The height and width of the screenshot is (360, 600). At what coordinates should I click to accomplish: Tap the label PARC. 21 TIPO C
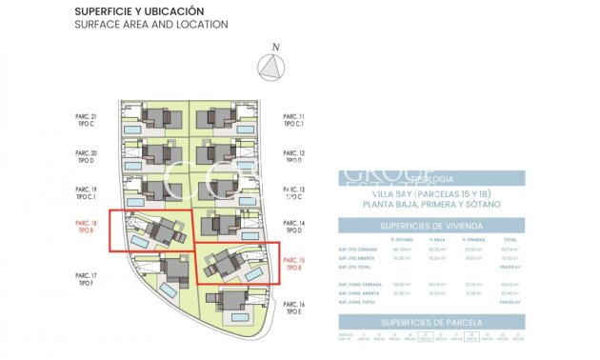(x=87, y=120)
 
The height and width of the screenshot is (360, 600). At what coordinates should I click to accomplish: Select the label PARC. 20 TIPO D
(x=87, y=156)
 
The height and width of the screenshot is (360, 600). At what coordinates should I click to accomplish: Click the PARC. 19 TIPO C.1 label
(x=87, y=192)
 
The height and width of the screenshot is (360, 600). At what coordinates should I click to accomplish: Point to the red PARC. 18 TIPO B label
(x=87, y=227)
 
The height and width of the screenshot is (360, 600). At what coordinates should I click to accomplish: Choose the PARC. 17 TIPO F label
(x=87, y=278)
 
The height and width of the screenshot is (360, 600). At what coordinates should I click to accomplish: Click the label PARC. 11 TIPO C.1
(x=294, y=120)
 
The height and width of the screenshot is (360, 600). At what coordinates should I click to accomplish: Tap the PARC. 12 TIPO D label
(x=294, y=156)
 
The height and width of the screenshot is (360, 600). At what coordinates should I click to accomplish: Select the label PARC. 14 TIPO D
(x=294, y=227)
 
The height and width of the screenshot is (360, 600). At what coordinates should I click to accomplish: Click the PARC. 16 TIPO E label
(x=294, y=308)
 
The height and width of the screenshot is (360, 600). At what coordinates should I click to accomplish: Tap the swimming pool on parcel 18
(x=141, y=243)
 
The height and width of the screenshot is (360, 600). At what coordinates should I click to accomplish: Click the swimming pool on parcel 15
(x=254, y=274)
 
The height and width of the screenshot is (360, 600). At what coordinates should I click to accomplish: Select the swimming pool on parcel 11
(x=245, y=129)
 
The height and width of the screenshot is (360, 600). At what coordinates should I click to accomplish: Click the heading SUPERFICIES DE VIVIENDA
(x=430, y=226)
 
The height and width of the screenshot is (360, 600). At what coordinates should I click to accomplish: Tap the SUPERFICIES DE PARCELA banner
(x=430, y=323)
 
